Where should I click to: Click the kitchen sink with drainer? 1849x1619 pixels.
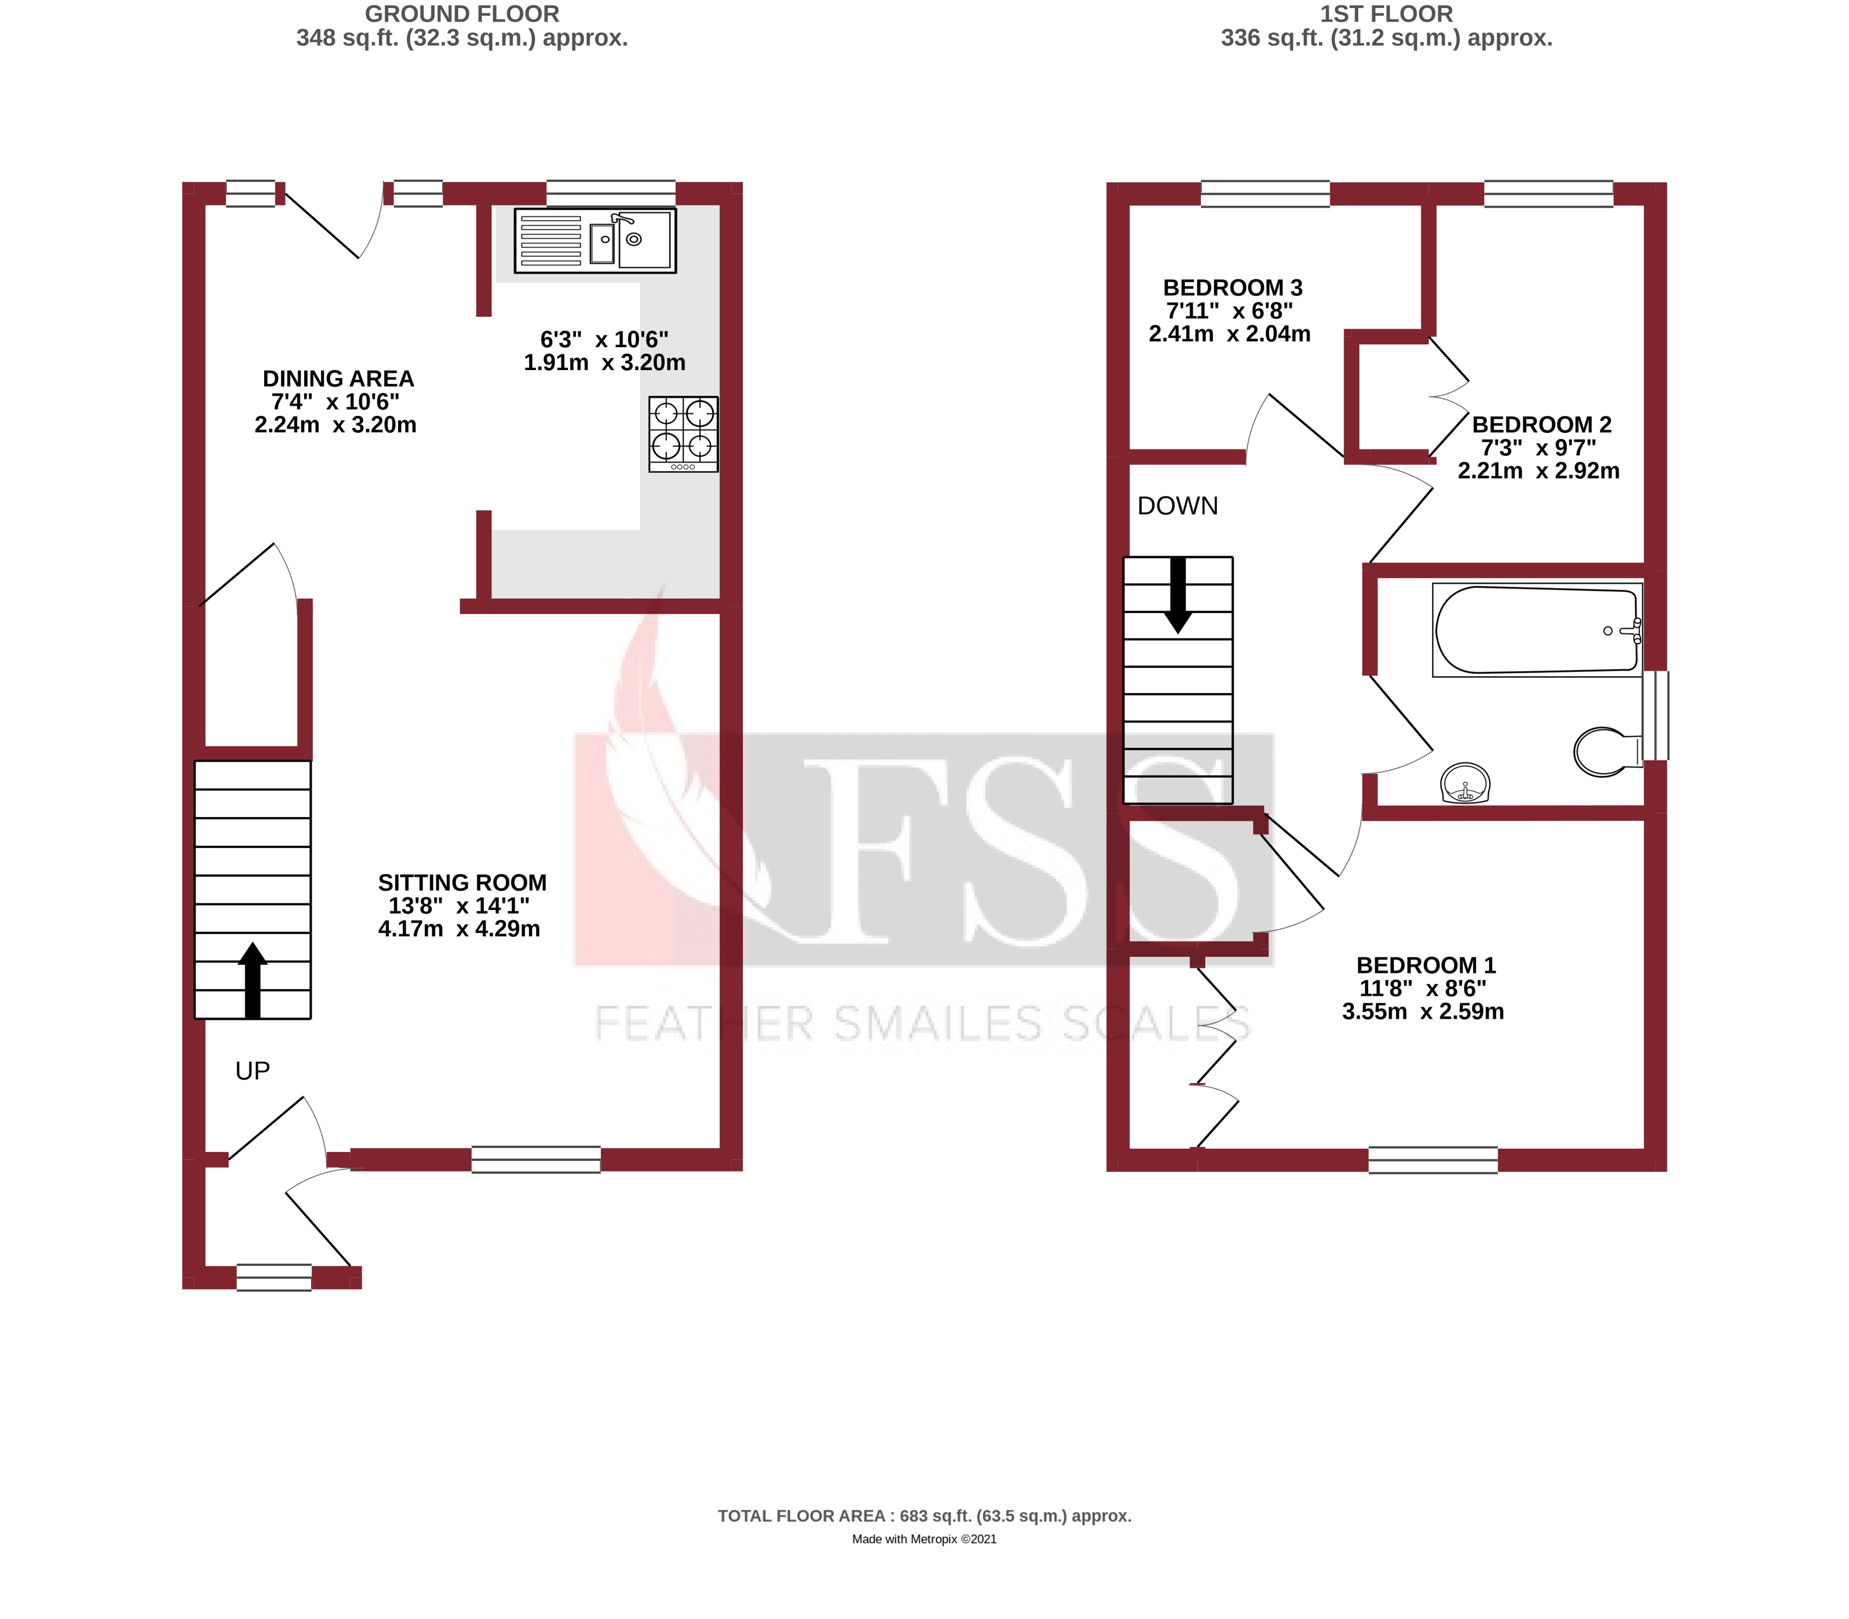pos(595,240)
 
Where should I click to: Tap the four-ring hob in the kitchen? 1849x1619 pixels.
pos(683,434)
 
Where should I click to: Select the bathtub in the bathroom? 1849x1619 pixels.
pos(1536,629)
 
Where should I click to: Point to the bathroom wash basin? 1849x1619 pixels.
pos(1464,782)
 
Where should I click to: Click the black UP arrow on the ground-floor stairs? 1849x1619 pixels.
pos(252,980)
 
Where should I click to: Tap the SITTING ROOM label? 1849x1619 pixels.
pos(462,883)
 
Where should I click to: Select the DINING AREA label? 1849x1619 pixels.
pos(338,379)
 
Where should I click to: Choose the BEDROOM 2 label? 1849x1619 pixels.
pos(1541,424)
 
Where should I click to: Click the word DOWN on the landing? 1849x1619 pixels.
pos(1177,506)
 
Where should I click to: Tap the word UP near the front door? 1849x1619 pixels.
pos(252,1071)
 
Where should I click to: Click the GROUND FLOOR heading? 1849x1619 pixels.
pos(462,14)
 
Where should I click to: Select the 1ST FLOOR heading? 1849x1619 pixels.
pos(1386,14)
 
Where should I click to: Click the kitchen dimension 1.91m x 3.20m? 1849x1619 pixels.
pos(604,362)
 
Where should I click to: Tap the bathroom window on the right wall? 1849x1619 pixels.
pos(1654,715)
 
